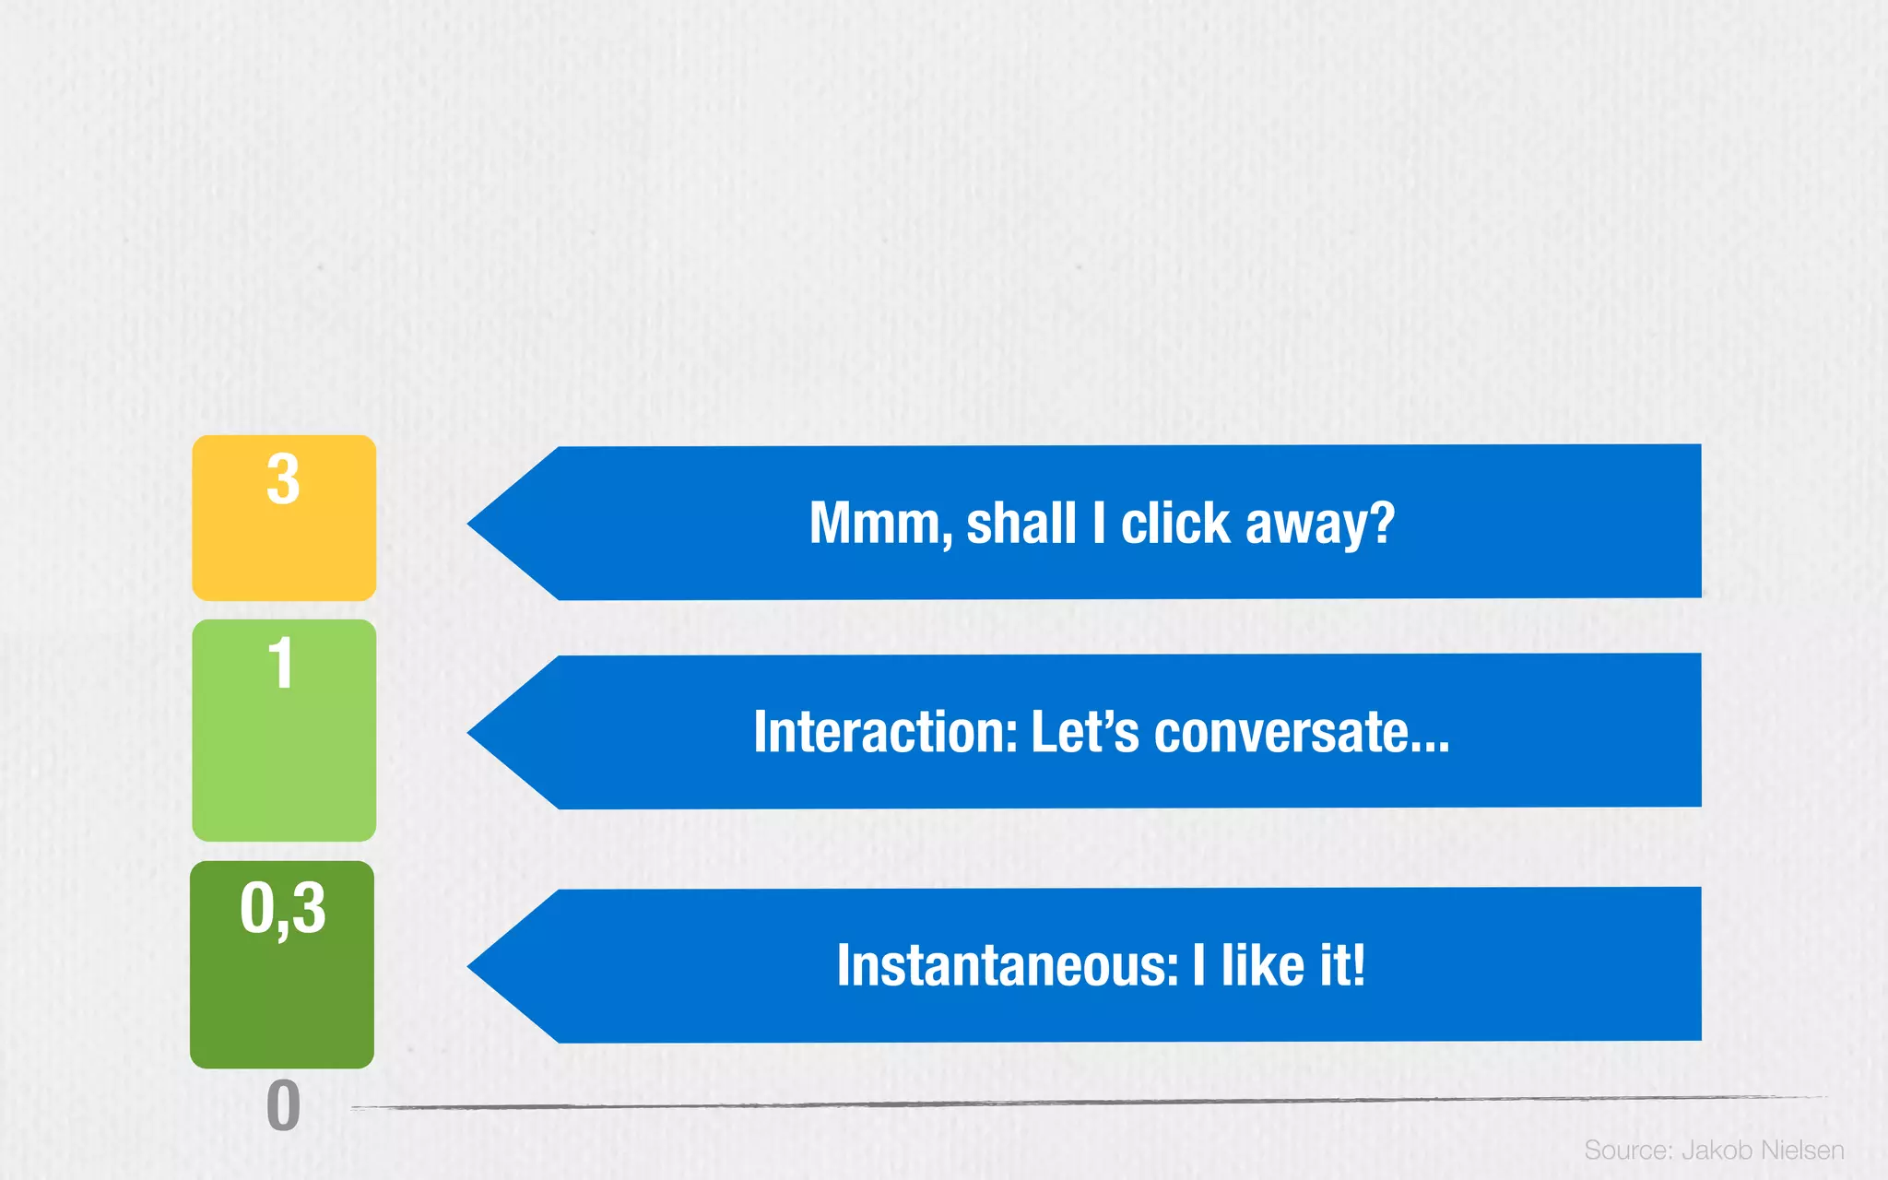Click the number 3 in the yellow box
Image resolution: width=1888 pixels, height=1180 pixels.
click(x=283, y=479)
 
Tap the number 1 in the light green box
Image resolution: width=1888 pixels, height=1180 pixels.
click(x=280, y=664)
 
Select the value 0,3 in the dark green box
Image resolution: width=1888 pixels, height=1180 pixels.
click(x=283, y=908)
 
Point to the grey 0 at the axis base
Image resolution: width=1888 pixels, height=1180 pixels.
click(x=283, y=1106)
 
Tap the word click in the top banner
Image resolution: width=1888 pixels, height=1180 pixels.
click(x=1175, y=524)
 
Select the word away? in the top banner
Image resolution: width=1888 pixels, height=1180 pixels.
click(x=1320, y=524)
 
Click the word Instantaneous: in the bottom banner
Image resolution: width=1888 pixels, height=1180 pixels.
click(x=1008, y=966)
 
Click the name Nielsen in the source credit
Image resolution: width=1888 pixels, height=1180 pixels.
click(x=1802, y=1150)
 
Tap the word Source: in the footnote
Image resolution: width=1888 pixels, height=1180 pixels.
click(x=1628, y=1150)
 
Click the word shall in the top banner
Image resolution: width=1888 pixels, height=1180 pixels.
click(x=1021, y=524)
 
